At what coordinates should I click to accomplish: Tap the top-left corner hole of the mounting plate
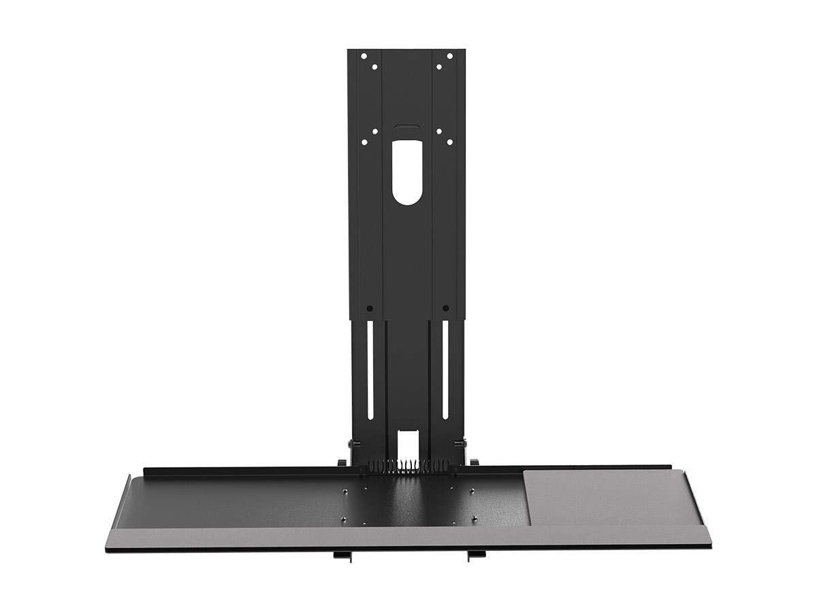pos(364,56)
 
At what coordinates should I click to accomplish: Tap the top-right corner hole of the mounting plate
pos(449,56)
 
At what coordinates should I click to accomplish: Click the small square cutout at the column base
pos(406,443)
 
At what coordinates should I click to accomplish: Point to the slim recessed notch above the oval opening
pos(406,126)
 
